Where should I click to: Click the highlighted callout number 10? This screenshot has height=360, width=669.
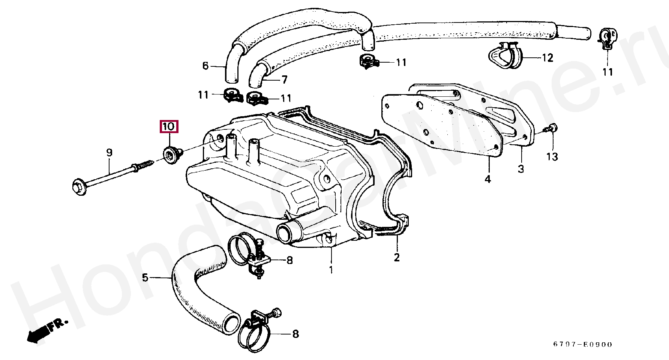pyautogui.click(x=169, y=127)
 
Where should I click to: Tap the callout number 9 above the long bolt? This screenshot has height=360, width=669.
pyautogui.click(x=109, y=153)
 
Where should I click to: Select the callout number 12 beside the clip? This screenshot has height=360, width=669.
pyautogui.click(x=547, y=58)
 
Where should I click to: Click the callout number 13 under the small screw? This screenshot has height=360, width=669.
pyautogui.click(x=552, y=156)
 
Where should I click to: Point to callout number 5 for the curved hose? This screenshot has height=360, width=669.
pyautogui.click(x=145, y=278)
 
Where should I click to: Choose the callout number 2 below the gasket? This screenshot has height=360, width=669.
pyautogui.click(x=397, y=258)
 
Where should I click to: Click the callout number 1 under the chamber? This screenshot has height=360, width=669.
pyautogui.click(x=331, y=270)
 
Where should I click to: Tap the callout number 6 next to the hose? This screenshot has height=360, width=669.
pyautogui.click(x=205, y=66)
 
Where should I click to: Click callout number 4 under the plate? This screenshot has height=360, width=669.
pyautogui.click(x=487, y=180)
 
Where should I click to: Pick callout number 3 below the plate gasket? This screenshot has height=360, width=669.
pyautogui.click(x=520, y=169)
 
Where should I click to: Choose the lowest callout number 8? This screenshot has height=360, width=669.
pyautogui.click(x=295, y=334)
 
